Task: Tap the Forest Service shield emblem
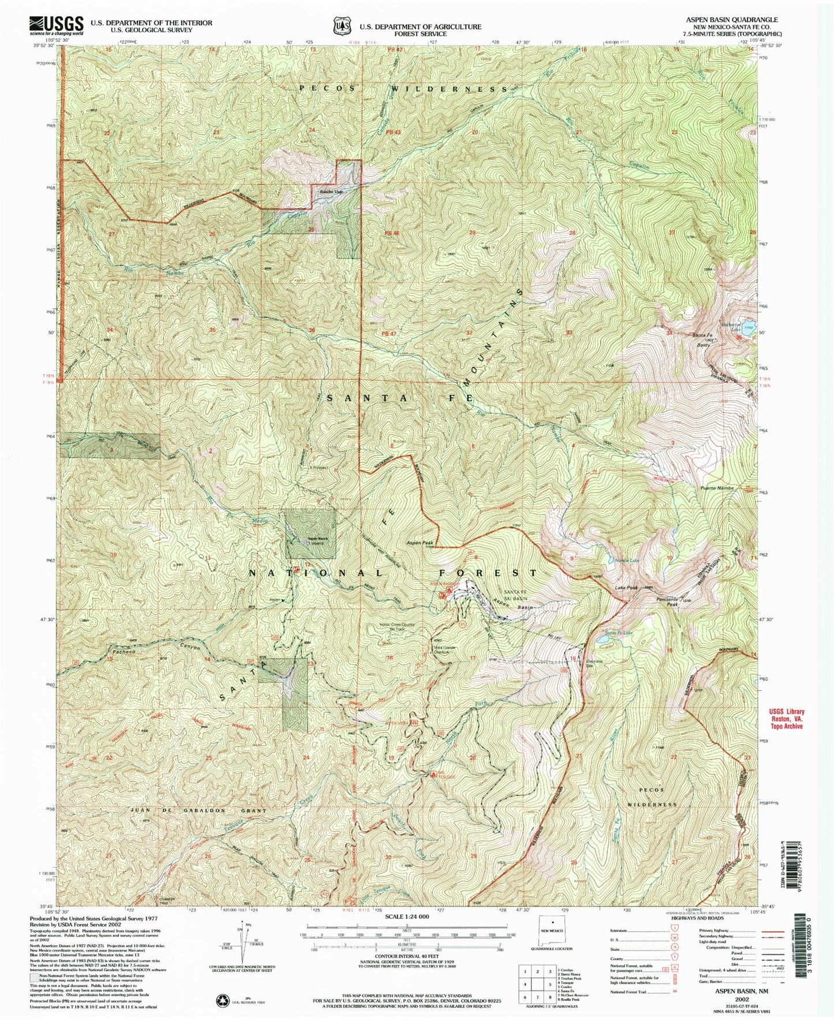click(343, 26)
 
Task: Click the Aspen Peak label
click(420, 543)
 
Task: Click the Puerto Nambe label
click(717, 488)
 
